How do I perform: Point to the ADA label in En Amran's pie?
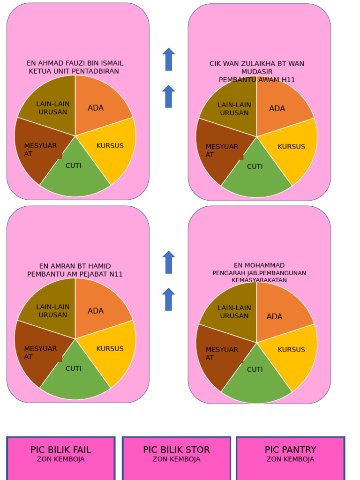pos(96,311)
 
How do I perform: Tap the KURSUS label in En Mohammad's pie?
pos(291,350)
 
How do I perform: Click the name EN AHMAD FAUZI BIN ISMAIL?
pos(75,63)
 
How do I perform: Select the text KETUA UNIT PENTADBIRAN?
pos(74,71)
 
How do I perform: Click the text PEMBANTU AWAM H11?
pos(257,80)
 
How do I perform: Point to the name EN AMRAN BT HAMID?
pos(75,266)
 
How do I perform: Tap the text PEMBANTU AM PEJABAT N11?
pos(75,274)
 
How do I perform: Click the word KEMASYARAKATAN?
pos(259,280)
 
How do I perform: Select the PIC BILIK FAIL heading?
pos(61,450)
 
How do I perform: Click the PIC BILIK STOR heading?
pos(176,450)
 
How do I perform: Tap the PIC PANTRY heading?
pos(290,450)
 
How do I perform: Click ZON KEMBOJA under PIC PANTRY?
pos(290,459)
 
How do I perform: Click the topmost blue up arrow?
pos(169,60)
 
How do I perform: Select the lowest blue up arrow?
pos(169,300)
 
